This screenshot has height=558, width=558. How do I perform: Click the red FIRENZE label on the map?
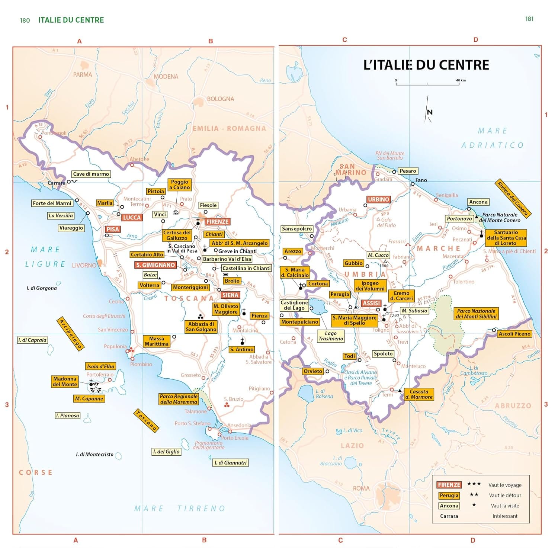(217, 222)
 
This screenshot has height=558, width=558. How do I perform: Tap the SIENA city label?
(230, 295)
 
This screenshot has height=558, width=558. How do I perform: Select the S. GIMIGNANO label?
(155, 265)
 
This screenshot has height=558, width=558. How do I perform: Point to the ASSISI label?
(371, 303)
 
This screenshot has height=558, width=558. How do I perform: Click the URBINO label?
(378, 199)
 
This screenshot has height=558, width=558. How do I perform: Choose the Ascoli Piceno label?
(514, 334)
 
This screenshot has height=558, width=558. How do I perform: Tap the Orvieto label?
(312, 371)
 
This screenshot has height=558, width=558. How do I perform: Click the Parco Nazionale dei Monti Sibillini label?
(476, 314)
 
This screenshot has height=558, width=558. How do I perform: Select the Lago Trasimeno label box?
(330, 336)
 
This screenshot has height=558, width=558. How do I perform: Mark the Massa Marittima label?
(156, 341)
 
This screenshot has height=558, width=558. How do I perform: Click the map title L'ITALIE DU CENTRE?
(426, 65)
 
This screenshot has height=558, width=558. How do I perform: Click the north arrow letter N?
(430, 112)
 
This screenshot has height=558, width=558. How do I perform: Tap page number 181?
(529, 19)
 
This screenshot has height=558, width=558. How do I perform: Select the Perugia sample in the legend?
(449, 496)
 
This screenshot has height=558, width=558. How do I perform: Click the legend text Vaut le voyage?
(505, 485)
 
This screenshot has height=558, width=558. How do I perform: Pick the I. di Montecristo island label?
(94, 454)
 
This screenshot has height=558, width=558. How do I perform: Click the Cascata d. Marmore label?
(419, 394)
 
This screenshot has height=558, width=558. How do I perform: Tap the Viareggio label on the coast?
(71, 228)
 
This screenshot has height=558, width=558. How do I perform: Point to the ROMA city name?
(361, 488)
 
